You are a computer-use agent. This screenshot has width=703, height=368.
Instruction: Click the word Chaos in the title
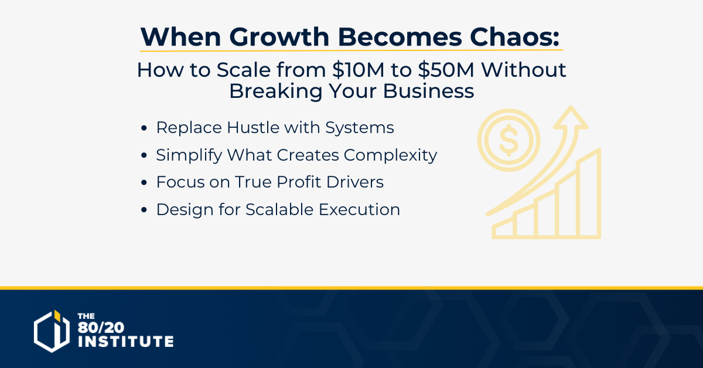point(515,37)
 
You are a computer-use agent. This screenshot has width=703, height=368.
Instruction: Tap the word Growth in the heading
point(279,37)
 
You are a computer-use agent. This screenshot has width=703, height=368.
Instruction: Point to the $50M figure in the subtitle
point(446,69)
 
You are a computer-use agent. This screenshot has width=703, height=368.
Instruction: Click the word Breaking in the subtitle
point(276,91)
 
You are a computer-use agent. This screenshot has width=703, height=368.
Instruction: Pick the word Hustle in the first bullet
point(253,128)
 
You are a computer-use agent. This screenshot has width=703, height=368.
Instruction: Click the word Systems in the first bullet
point(359,128)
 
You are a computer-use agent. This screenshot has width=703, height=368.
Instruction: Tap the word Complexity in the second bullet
point(390,155)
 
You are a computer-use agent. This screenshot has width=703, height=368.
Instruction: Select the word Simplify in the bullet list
point(189,155)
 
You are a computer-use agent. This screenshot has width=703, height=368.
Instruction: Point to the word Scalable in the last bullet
point(279,209)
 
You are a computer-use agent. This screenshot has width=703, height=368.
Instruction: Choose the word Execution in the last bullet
point(359,209)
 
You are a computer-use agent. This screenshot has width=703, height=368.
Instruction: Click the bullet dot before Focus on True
point(144,182)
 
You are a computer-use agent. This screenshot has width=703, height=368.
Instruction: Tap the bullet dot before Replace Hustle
point(144,128)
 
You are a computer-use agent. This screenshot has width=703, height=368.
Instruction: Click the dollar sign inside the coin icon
point(509,140)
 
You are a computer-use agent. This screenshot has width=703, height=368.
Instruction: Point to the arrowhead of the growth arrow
point(571,117)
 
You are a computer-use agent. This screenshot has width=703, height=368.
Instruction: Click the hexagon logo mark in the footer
point(52,331)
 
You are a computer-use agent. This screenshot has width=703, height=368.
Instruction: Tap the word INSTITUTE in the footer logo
point(126,341)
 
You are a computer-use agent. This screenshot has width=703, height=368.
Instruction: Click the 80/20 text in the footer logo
point(101,328)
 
